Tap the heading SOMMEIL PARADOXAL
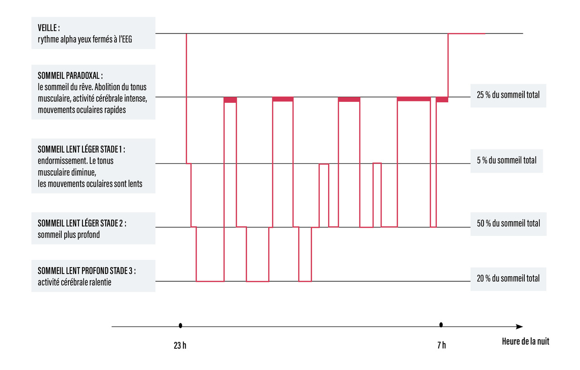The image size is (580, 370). coord(70,75)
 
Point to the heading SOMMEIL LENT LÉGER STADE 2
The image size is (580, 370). coord(82,223)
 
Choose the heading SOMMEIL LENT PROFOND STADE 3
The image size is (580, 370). coord(87,271)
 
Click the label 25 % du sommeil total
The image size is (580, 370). coord(508,96)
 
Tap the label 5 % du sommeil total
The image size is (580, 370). coord(506,160)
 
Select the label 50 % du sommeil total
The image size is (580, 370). coord(508,223)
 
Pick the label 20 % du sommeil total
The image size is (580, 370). coord(508,278)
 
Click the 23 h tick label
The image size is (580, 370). coord(180,346)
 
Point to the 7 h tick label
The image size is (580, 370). coord(441,346)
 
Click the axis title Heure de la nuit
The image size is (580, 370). coord(525,341)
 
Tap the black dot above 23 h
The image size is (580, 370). coord(180,326)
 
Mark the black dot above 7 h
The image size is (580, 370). coord(441,325)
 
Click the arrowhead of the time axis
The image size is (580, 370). coord(520,327)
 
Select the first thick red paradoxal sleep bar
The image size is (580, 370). coord(230,100)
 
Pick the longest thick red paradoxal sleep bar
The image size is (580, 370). coord(414,99)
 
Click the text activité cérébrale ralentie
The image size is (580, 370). coord(75,282)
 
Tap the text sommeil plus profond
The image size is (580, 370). coord(69,235)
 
